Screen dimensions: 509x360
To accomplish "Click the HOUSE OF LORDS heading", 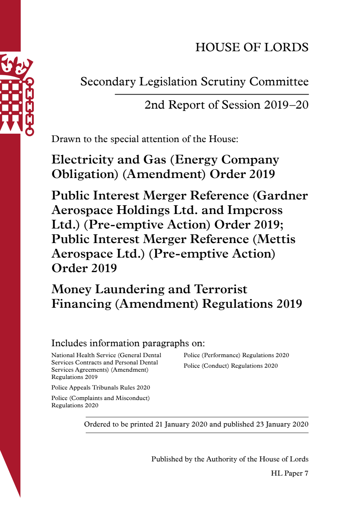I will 252,47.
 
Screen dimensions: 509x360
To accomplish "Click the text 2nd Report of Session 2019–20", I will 226,105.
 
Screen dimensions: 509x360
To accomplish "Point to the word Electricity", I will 82,159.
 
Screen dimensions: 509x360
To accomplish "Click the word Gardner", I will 282,195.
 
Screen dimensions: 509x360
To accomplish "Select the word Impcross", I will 255,210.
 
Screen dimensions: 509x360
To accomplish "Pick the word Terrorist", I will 221,289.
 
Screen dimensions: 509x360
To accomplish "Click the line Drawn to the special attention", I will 145,139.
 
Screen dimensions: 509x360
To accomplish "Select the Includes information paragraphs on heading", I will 128,343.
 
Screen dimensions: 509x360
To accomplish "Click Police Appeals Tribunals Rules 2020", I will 101,388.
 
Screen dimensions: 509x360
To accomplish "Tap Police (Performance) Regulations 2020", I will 236,355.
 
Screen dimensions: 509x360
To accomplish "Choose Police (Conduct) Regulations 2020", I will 230,366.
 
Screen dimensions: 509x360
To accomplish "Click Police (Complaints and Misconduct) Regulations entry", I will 100,401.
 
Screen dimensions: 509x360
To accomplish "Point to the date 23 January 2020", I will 282,424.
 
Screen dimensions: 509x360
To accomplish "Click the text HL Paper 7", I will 289,473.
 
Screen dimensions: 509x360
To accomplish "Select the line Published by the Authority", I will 230,459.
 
